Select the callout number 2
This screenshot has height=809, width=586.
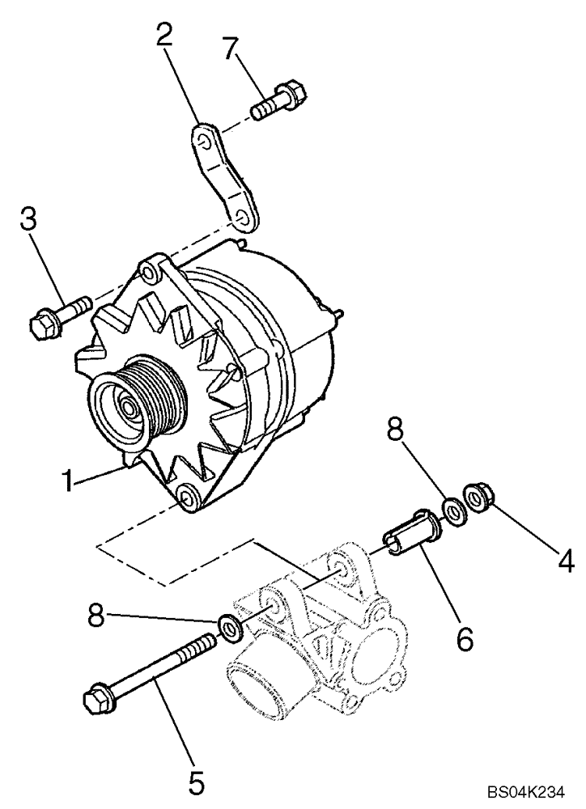point(165,35)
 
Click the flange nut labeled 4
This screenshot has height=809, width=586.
point(474,495)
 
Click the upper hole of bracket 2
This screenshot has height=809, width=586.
point(206,142)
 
